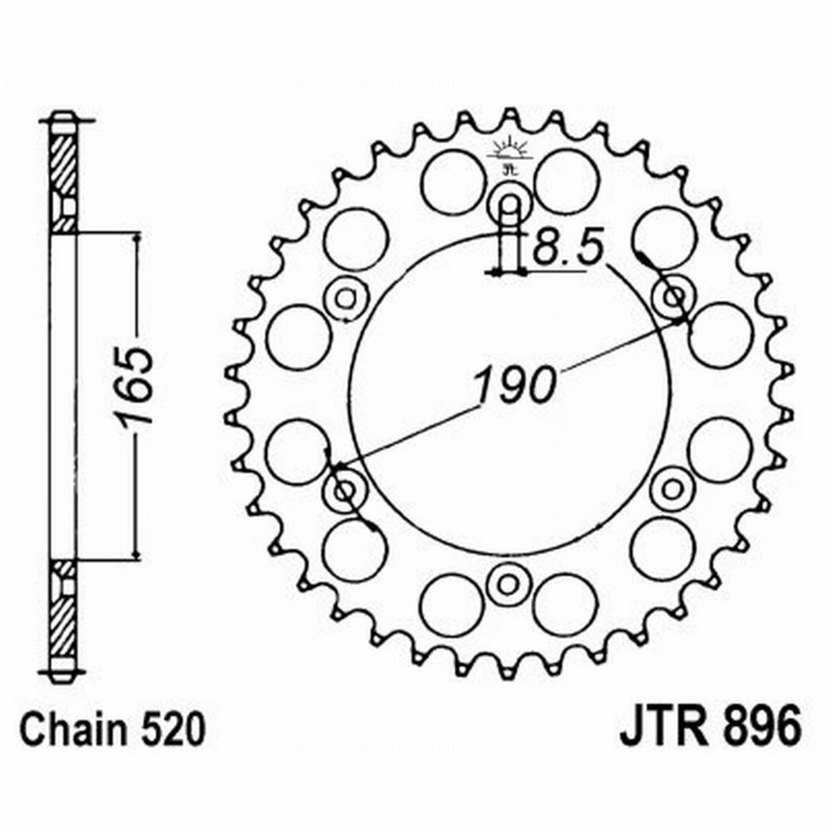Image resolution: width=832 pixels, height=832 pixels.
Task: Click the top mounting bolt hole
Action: tap(508, 203)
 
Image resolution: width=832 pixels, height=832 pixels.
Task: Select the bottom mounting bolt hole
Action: tap(506, 581)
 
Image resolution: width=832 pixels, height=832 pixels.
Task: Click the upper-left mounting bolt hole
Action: tap(345, 297)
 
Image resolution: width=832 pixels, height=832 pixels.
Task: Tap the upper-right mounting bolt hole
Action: tap(671, 295)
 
